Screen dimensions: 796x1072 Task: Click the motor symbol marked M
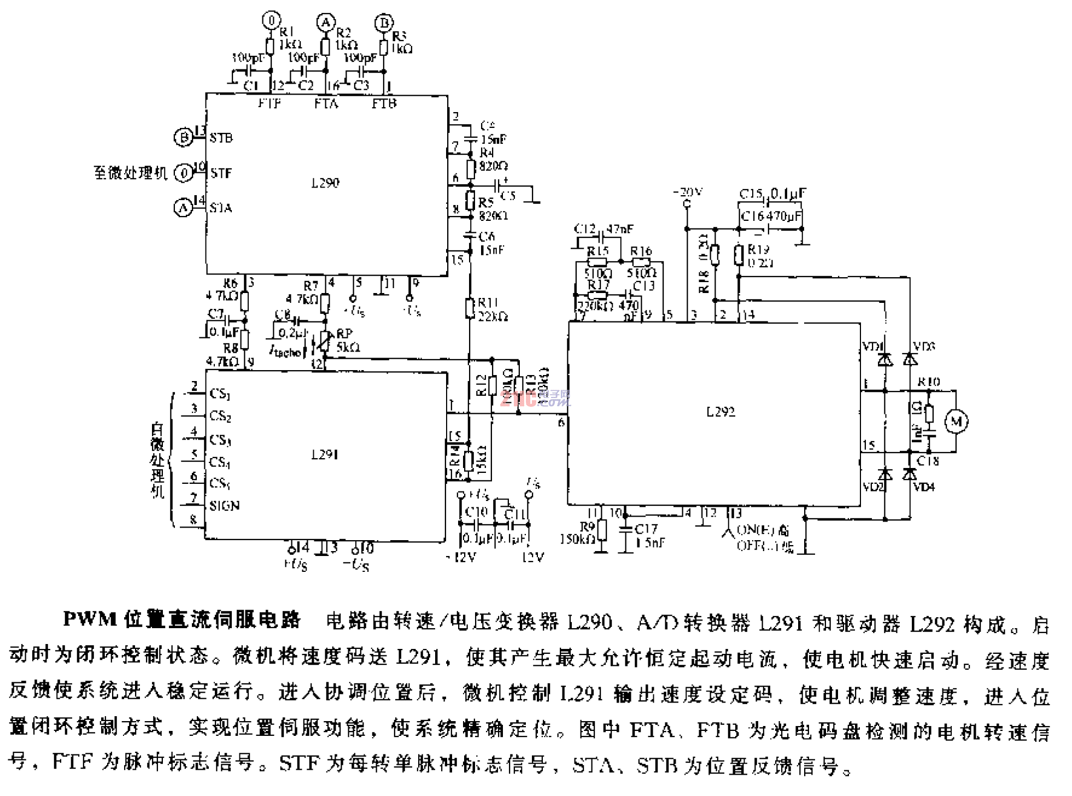(956, 421)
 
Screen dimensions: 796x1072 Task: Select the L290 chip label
(325, 183)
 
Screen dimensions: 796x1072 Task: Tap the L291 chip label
(325, 454)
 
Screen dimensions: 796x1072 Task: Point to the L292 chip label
(720, 412)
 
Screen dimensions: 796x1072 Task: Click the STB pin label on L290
(221, 138)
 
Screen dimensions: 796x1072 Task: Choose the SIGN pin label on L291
(224, 506)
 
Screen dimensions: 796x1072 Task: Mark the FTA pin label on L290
(326, 103)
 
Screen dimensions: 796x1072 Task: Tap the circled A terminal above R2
(325, 22)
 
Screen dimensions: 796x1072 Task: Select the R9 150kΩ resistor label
(579, 533)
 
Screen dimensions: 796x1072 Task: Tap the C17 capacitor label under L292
(647, 529)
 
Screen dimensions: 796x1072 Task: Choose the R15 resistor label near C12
(597, 251)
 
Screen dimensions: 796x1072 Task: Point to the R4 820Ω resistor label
(490, 159)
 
